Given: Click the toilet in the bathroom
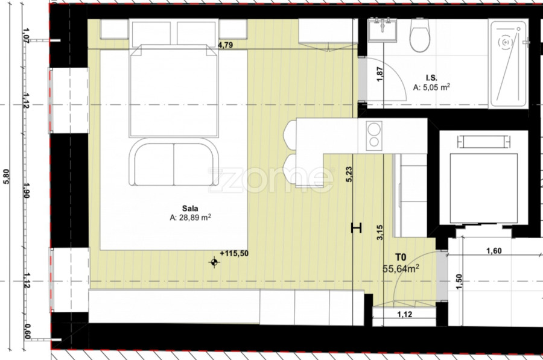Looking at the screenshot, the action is (x=420, y=35).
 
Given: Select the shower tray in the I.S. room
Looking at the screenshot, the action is (x=509, y=64).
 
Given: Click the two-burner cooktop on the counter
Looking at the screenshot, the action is (x=374, y=136).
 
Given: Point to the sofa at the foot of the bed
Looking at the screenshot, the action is (x=174, y=162).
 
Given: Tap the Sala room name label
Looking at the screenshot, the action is (x=190, y=209).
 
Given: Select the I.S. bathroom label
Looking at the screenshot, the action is (x=431, y=78).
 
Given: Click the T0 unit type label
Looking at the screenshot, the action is (x=401, y=257).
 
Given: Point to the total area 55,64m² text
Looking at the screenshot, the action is (x=401, y=268).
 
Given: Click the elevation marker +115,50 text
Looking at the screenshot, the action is (x=234, y=253).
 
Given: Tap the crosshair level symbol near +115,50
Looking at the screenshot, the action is (x=214, y=262).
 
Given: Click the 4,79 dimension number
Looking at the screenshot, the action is (x=225, y=45).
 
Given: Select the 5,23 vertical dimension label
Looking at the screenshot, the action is (x=349, y=174).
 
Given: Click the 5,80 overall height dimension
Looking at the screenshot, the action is (x=7, y=176).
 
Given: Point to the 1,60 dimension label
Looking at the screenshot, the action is (x=494, y=251).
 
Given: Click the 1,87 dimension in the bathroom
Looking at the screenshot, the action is (x=380, y=74).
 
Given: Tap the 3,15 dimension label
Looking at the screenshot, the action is (x=380, y=233).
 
